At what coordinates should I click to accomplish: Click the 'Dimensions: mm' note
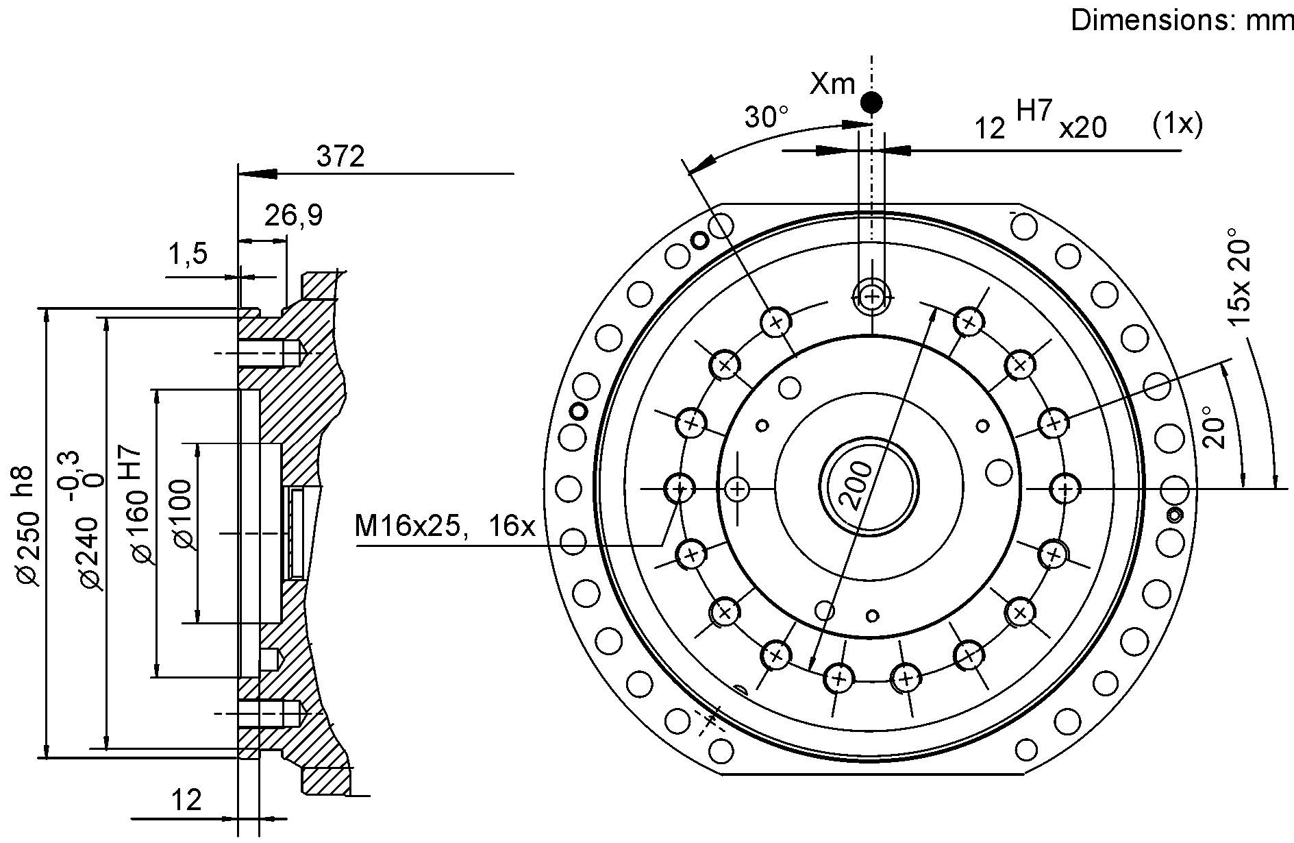click(1181, 21)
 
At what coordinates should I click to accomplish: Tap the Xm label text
click(832, 84)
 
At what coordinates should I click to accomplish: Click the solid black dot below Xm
click(871, 103)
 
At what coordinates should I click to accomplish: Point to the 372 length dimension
click(340, 157)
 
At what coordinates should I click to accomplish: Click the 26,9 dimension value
click(293, 216)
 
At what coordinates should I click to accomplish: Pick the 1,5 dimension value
click(188, 254)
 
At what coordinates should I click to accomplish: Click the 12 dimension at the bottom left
click(186, 800)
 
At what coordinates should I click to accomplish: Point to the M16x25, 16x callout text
click(444, 526)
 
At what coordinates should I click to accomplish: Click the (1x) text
click(1177, 124)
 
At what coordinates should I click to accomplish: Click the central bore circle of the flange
click(869, 487)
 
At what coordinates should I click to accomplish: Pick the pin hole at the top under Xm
click(871, 297)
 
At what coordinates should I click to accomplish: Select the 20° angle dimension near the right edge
click(1213, 426)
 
